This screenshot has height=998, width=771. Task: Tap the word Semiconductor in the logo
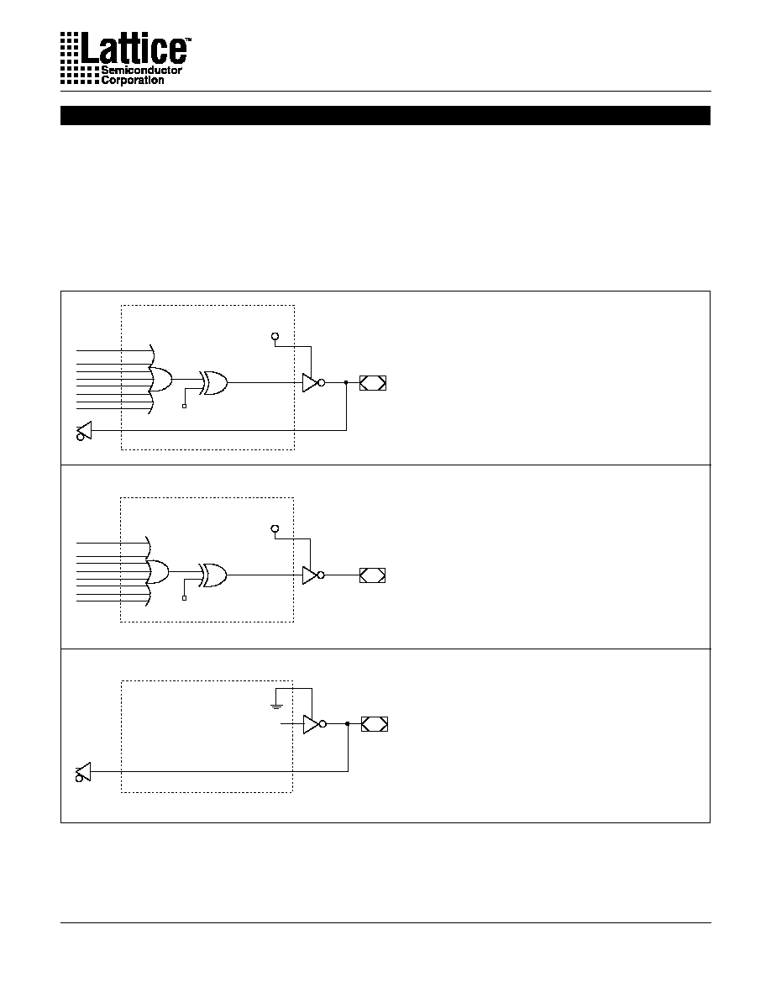click(x=141, y=70)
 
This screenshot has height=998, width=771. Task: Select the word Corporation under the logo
click(x=133, y=80)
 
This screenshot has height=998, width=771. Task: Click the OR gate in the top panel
click(x=160, y=380)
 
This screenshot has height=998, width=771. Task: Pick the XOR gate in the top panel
click(x=213, y=382)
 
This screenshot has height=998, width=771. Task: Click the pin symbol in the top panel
click(x=373, y=383)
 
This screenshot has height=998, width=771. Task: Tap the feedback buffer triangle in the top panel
click(x=84, y=431)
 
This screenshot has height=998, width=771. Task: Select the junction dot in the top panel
click(x=346, y=382)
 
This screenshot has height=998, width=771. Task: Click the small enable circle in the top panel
click(x=275, y=336)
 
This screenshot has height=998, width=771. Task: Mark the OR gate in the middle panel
click(x=159, y=571)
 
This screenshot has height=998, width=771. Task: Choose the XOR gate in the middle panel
click(x=213, y=575)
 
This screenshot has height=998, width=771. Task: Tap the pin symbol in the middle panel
click(x=372, y=575)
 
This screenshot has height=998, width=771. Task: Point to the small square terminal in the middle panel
click(x=185, y=598)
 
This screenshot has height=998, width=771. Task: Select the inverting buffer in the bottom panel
click(x=314, y=724)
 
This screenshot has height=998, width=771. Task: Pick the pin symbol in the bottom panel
click(x=374, y=724)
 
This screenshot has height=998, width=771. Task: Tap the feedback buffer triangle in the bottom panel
click(x=83, y=772)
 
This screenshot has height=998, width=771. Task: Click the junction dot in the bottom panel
click(x=348, y=723)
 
